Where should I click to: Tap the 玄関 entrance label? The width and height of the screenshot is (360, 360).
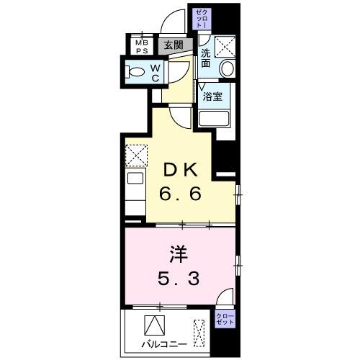(x=172, y=45)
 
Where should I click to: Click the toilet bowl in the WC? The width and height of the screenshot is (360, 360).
(x=134, y=71)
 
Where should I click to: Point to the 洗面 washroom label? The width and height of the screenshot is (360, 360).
(x=206, y=58)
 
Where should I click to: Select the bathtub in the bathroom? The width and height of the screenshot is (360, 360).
(x=214, y=120)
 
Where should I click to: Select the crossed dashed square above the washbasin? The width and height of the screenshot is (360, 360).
(x=226, y=47)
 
